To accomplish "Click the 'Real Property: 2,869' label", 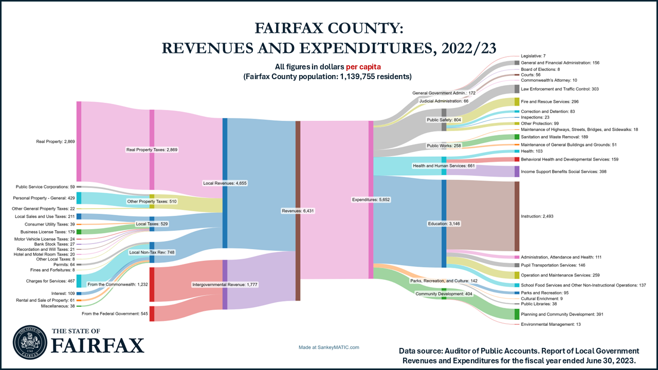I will pos(56,142).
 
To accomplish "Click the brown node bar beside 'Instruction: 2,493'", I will pos(517,216).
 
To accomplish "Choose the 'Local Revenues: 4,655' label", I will pos(226,183).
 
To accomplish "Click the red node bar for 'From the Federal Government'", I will pos(152,313).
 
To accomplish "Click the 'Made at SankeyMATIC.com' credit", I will pos(329,347).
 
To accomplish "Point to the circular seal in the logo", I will pos(29,341).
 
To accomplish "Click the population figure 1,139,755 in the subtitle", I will pos(353,77).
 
